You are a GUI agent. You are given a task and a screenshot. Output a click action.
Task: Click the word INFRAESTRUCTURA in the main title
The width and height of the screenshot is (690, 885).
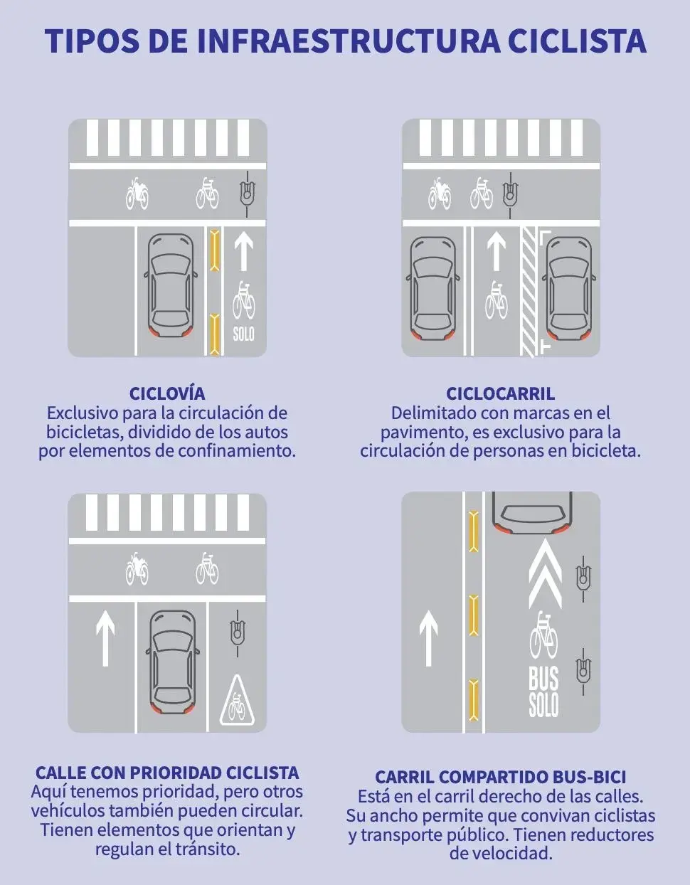[349, 41]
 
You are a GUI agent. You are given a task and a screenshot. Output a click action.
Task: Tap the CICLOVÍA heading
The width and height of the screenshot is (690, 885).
[167, 394]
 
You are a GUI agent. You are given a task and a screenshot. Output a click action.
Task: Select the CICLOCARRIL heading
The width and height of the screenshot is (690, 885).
[500, 394]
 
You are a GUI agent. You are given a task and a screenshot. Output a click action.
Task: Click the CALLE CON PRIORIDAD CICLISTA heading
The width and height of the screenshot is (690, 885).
[167, 773]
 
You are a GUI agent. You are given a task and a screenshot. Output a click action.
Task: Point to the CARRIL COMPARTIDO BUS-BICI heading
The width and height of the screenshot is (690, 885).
[500, 777]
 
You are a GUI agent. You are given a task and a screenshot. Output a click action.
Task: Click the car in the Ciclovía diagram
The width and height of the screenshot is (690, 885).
[171, 285]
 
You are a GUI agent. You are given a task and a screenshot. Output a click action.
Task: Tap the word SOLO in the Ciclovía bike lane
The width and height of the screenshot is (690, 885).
[243, 334]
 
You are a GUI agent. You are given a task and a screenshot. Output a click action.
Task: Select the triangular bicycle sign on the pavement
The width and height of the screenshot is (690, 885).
[238, 700]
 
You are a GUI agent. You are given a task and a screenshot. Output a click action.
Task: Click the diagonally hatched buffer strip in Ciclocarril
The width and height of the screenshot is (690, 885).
[529, 291]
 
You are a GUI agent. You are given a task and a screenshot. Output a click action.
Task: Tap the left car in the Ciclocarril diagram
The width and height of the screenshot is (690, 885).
[432, 288]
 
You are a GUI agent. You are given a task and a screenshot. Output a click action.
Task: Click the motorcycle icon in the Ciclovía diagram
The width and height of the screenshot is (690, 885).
[137, 194]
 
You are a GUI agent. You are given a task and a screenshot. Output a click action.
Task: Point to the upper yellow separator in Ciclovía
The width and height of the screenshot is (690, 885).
[215, 250]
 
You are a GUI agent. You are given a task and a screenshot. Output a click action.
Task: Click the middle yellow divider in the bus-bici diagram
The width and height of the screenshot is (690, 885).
[473, 615]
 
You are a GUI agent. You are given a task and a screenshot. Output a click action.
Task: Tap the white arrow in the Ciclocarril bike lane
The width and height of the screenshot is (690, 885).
[497, 251]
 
